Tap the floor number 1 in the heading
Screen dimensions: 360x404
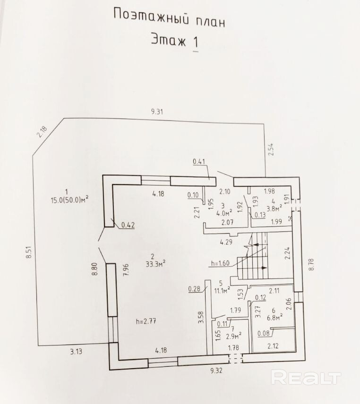coord(195,42)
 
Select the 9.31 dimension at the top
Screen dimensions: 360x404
coord(157,112)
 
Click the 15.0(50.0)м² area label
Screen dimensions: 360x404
coord(70,199)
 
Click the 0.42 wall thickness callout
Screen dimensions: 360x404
coord(128,225)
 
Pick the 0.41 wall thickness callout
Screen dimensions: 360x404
coord(199,163)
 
